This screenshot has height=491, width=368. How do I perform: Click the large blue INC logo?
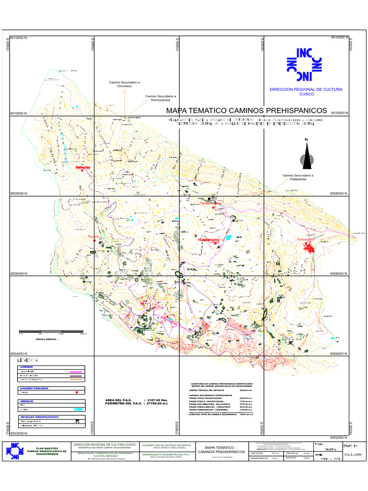[304, 64]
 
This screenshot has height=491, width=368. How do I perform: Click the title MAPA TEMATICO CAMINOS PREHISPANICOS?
[246, 110]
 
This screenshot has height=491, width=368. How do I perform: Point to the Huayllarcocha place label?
[208, 239]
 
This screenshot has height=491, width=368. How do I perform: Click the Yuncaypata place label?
[305, 239]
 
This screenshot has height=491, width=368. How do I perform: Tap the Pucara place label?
[93, 237]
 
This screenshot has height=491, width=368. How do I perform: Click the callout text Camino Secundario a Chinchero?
[124, 84]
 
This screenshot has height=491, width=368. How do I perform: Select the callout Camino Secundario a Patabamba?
[298, 177]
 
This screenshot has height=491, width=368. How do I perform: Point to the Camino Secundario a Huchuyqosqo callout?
[161, 98]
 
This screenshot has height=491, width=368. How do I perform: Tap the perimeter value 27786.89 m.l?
[157, 404]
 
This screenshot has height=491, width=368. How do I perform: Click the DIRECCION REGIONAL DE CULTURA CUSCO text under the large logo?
[306, 92]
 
